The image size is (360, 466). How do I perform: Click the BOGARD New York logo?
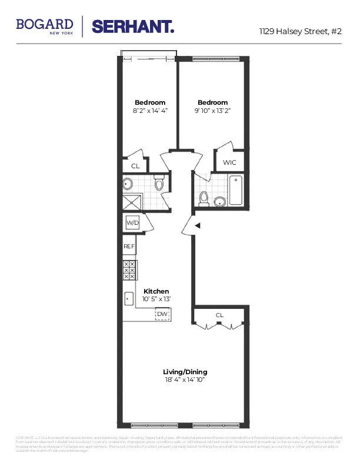pos(45,25)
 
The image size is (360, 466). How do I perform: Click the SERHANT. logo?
pos(133,26)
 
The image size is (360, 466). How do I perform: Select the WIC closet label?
pos(229,162)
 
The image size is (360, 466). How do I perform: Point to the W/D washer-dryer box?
pos(132,224)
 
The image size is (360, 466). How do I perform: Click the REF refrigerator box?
pos(129,247)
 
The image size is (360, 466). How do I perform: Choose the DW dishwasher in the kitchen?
pos(162,315)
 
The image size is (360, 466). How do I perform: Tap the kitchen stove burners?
pos(129,270)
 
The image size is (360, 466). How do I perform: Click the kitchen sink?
pos(129,298)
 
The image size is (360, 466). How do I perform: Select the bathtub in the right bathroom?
pos(235,190)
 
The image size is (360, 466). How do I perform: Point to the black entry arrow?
pos(198,225)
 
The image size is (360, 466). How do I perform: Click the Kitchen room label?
pos(156,291)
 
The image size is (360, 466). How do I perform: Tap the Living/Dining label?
pos(185,372)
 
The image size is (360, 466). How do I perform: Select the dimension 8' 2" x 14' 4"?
pos(150,111)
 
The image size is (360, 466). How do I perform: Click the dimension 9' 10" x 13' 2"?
pos(212,111)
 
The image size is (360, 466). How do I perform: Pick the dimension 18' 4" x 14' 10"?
pos(185,380)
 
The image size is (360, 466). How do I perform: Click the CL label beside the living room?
pos(219,315)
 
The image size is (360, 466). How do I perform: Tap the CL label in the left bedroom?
pos(135,167)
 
